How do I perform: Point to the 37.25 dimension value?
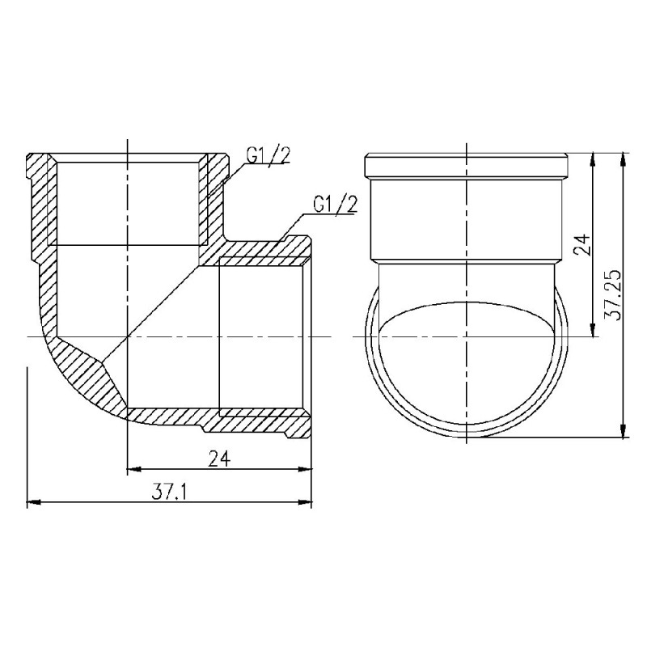point(612,295)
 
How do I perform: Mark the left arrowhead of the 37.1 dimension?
point(33,503)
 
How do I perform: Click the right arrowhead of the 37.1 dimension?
point(307,503)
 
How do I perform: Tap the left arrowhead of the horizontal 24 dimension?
point(134,468)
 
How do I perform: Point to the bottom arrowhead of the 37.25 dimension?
point(623,432)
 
